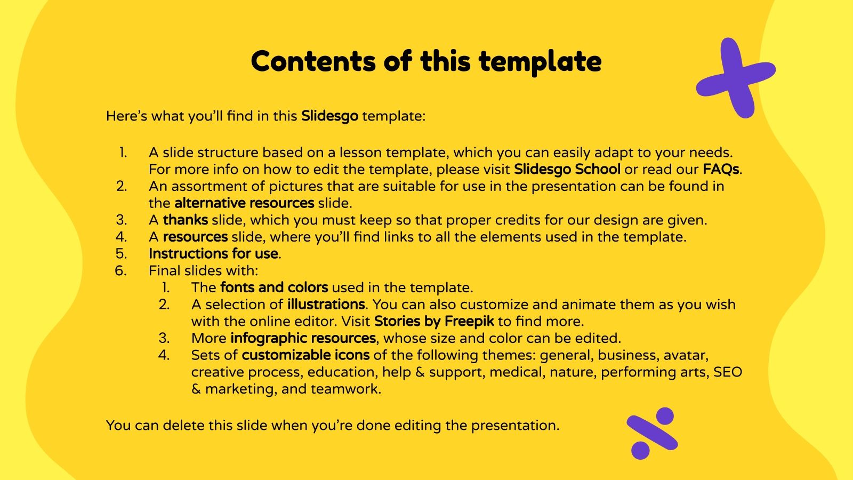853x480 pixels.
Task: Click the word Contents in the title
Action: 313,61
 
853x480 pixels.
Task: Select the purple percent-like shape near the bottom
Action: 651,434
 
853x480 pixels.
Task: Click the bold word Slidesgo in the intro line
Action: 329,116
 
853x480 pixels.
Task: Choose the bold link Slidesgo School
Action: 567,169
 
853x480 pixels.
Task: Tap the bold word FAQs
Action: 721,169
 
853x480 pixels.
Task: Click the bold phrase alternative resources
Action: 244,203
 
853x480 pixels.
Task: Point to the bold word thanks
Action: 185,220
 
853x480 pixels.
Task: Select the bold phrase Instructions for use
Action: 213,253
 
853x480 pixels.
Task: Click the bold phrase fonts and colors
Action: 274,287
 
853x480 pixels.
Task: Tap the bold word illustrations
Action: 326,305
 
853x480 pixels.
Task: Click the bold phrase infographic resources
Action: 303,338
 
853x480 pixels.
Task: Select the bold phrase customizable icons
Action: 305,355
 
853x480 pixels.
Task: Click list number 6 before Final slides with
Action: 120,270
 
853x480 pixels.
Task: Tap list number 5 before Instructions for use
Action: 121,253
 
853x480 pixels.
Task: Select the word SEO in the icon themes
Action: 727,372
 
